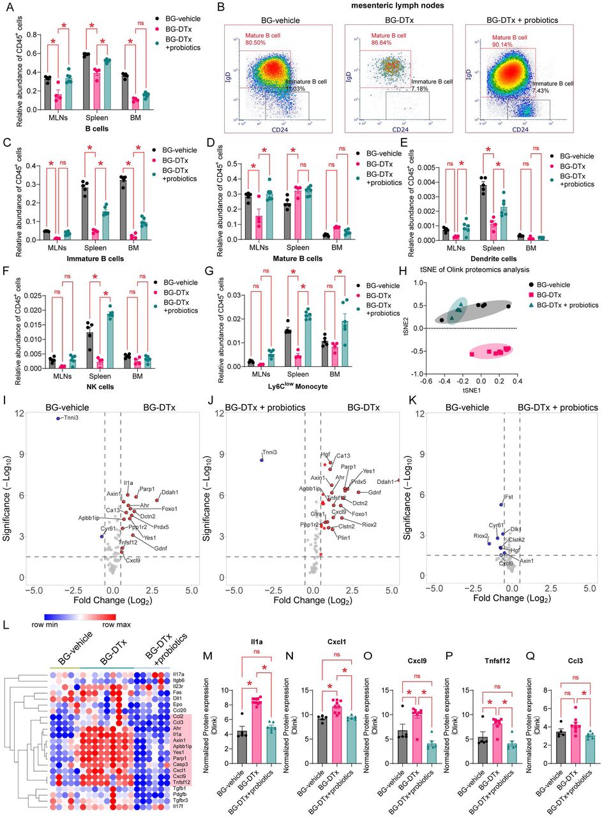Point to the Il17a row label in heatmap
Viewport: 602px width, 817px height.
pyautogui.click(x=181, y=673)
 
